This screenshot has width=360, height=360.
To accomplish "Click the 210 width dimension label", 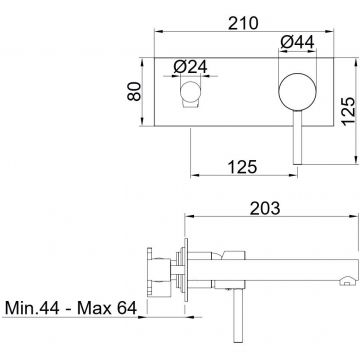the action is click(243, 23).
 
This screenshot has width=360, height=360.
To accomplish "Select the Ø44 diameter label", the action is click(297, 43).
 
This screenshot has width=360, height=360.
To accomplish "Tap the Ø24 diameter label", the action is click(190, 67).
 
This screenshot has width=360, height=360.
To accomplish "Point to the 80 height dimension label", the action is click(134, 91).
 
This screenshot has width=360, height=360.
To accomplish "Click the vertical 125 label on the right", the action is click(349, 111).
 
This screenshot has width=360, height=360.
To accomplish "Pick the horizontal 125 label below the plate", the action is click(243, 167).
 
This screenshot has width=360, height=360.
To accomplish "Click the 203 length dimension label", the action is click(265, 209).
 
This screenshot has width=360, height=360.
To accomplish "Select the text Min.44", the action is click(32, 308).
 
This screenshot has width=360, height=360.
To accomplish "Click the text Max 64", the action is click(107, 308).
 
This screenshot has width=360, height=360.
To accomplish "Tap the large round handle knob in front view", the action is click(297, 91).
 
